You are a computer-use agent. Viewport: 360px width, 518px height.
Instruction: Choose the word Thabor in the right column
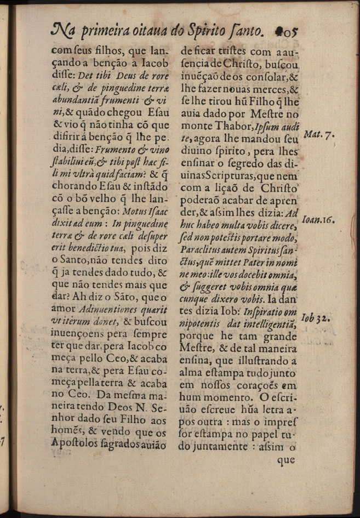(x=233, y=127)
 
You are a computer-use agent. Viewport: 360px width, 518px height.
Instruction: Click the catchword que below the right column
(x=285, y=461)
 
